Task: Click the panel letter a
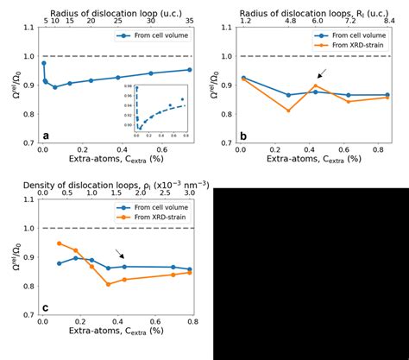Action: [x=46, y=136]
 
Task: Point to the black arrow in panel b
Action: [x=322, y=74]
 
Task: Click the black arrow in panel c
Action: [x=120, y=254]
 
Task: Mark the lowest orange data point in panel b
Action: [x=289, y=111]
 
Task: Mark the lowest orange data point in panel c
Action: [x=109, y=284]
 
